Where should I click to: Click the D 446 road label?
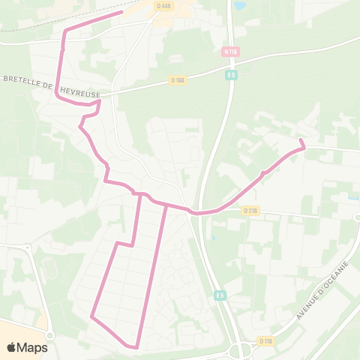pyautogui.click(x=164, y=6)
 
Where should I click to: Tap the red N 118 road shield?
pyautogui.click(x=230, y=52)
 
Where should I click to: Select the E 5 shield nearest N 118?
pyautogui.click(x=231, y=75)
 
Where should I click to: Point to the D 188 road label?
pyautogui.click(x=177, y=79)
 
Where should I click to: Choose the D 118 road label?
pyautogui.click(x=265, y=340)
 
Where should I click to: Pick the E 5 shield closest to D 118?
pyautogui.click(x=219, y=295)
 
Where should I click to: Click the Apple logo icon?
pyautogui.click(x=12, y=347)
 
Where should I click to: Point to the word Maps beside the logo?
pyautogui.click(x=33, y=347)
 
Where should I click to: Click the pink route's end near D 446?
pyautogui.click(x=121, y=12)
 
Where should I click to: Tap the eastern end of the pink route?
pyautogui.click(x=301, y=140)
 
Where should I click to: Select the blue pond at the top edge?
pyautogui.click(x=239, y=5)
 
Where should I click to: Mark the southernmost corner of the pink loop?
pyautogui.click(x=136, y=346)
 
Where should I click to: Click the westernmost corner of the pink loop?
pyautogui.click(x=91, y=316)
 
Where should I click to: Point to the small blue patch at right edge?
pyautogui.click(x=352, y=198)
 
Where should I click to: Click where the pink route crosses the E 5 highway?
pyautogui.click(x=198, y=214)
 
